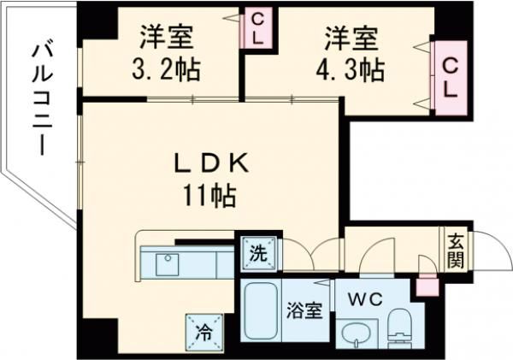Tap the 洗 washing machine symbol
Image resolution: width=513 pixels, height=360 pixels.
click(x=257, y=251)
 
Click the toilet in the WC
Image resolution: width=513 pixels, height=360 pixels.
click(x=398, y=329)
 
